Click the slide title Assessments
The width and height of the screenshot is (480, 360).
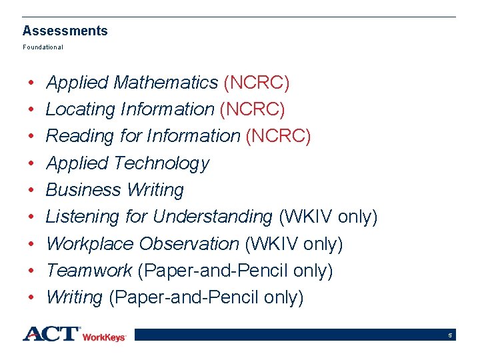point(65,31)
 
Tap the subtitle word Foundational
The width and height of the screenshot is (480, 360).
point(43,47)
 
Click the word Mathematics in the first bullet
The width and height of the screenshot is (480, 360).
point(166,83)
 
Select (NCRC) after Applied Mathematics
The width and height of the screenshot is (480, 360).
point(257,83)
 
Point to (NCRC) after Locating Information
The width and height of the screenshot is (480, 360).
point(252,109)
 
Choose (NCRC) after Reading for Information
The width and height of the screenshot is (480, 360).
point(278,136)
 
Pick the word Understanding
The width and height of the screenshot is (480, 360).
point(212,217)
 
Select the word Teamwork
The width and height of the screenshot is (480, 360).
point(89,271)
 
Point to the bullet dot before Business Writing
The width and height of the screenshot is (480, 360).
point(32,190)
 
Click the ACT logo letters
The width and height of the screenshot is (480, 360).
point(51,333)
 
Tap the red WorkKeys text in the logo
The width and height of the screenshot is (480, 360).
point(104,337)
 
